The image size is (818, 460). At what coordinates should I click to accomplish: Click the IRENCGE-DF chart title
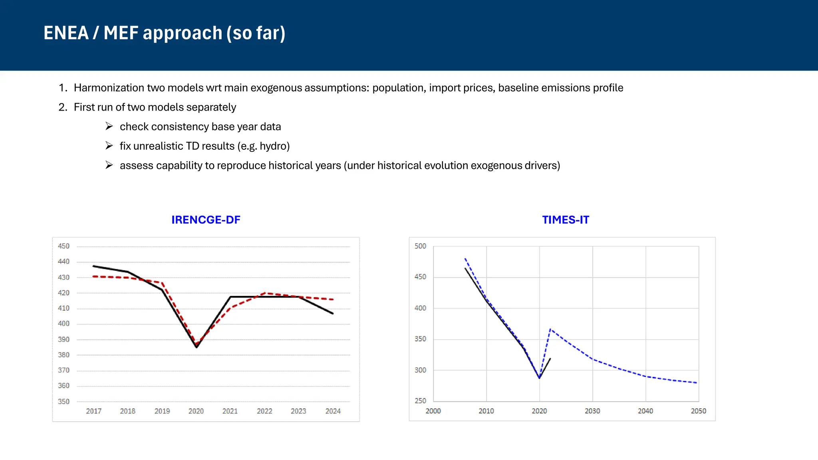[206, 220]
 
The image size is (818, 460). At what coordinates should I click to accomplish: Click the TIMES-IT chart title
[565, 220]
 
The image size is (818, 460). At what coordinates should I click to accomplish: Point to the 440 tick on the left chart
[64, 262]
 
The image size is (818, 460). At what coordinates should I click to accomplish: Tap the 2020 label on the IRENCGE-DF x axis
[196, 411]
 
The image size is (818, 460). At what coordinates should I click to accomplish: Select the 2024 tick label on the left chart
[333, 411]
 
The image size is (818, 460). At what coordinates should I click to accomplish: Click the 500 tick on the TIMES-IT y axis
[420, 246]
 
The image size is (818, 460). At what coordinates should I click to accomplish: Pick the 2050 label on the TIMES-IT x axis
[698, 411]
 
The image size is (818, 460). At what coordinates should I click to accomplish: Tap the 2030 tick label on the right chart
[592, 411]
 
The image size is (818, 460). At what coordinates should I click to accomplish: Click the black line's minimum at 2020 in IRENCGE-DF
[197, 347]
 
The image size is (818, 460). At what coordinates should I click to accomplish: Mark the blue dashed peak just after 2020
[550, 329]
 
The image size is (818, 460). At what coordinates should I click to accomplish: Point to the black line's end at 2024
[333, 313]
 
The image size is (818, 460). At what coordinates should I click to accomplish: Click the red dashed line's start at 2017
[93, 276]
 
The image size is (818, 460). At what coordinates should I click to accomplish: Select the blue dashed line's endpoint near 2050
[696, 383]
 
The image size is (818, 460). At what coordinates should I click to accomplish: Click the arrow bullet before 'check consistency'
[109, 127]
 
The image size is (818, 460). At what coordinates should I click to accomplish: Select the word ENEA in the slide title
[66, 33]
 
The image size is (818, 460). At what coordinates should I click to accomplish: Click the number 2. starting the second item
[63, 107]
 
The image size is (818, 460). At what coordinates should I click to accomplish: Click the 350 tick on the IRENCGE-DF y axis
[64, 401]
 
